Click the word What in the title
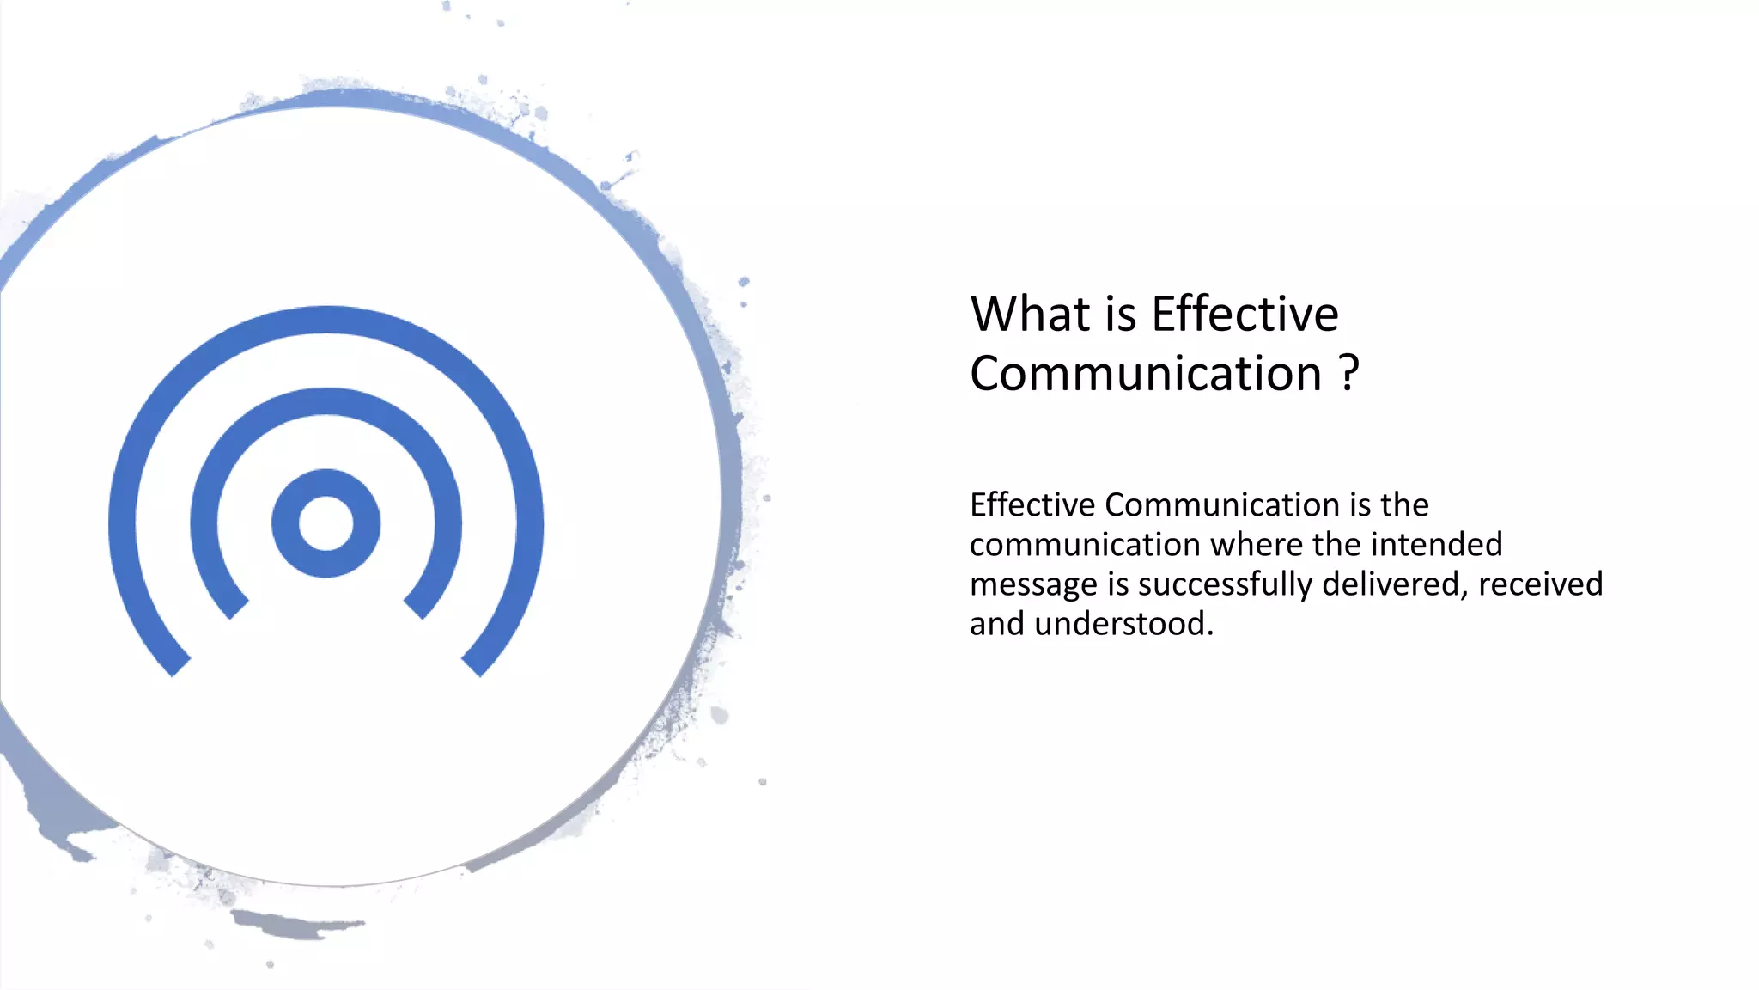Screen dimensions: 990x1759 [1030, 314]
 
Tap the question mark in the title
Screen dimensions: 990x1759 [1349, 374]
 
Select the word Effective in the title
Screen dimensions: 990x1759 [1245, 314]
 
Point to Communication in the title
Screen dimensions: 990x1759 [1146, 374]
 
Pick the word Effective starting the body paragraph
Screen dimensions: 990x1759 [1032, 505]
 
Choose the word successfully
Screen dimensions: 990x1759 [1226, 585]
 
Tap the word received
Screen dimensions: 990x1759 [1541, 584]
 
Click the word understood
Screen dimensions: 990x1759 [1123, 624]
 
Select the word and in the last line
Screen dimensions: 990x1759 [997, 624]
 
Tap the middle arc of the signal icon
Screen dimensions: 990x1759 [326, 401]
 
